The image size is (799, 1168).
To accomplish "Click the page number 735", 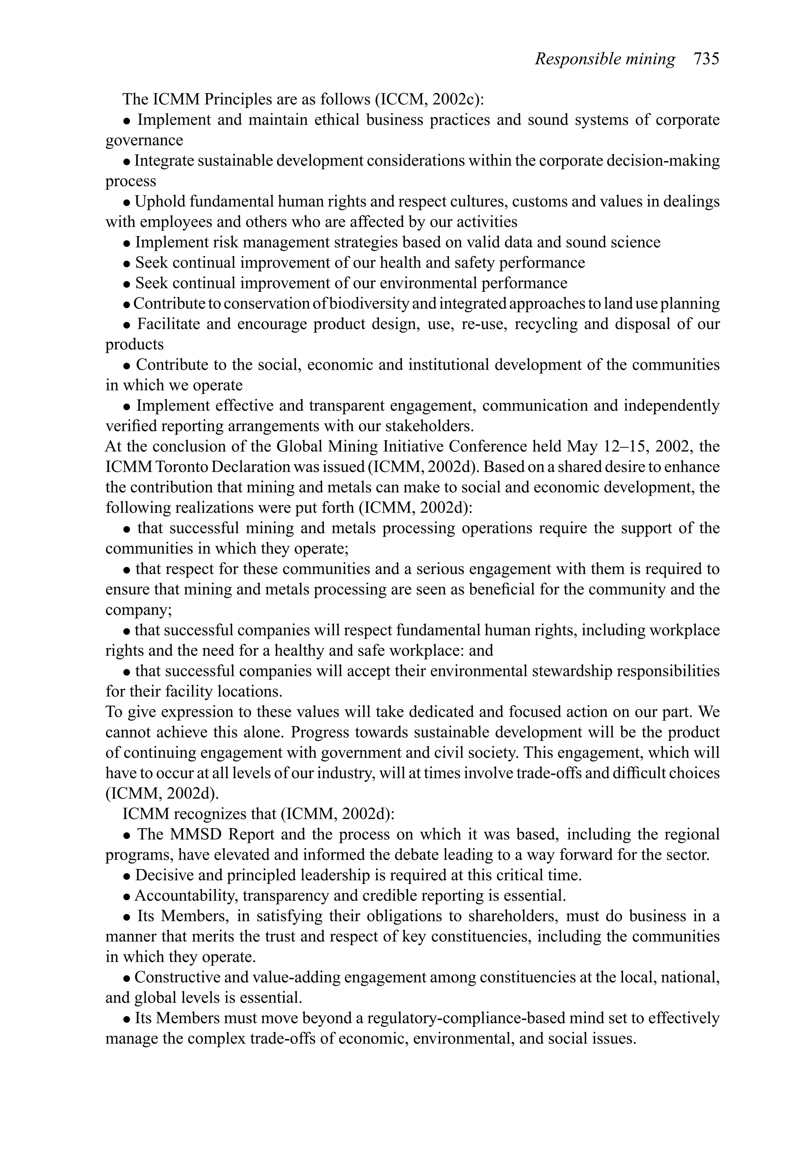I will [707, 59].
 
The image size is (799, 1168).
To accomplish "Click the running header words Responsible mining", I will [605, 59].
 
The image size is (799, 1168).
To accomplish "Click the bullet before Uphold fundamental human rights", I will [127, 203].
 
